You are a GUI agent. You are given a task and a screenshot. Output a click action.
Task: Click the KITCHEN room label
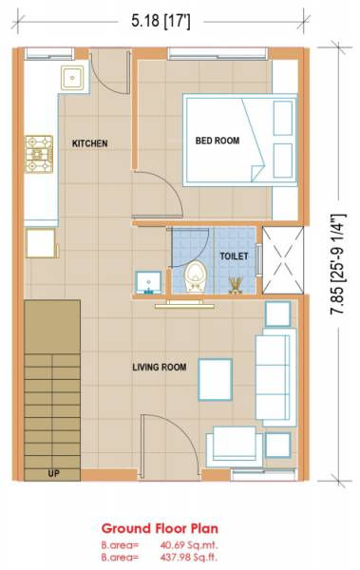[x=90, y=143]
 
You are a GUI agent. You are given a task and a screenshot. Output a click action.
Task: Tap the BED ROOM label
[x=217, y=141]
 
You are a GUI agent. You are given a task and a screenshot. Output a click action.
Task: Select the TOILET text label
[x=234, y=256]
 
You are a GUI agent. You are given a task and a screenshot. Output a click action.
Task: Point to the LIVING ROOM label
[x=159, y=367]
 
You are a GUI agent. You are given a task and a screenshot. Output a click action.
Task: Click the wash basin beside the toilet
[x=147, y=282]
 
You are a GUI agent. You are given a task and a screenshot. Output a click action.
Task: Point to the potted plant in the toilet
[x=235, y=284]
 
